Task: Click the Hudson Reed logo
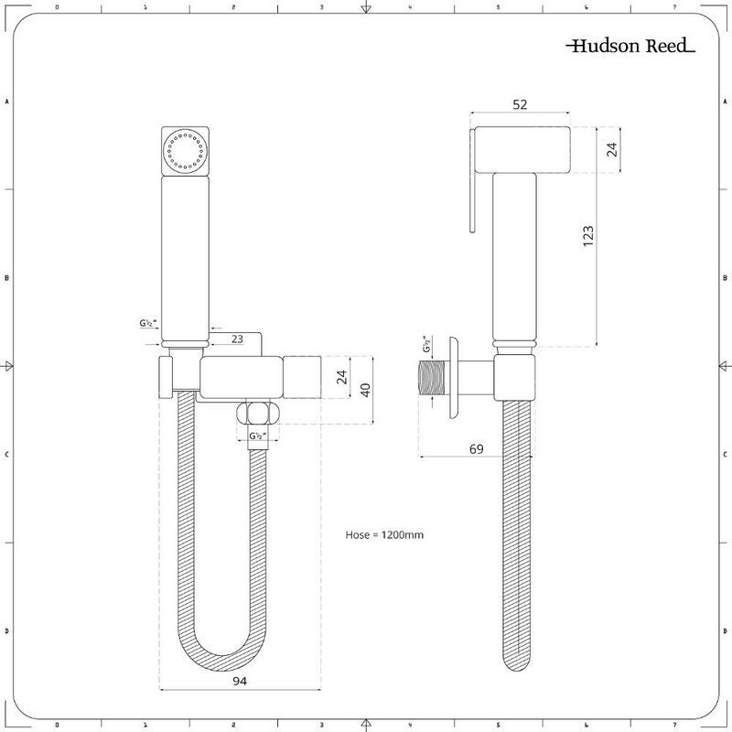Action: point(630,46)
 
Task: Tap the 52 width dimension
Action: point(520,104)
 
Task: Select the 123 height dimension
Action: point(588,236)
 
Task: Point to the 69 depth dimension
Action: point(476,449)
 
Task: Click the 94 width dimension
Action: point(240,681)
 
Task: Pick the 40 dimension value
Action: point(365,390)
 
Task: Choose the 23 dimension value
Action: point(237,339)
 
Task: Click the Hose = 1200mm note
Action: point(384,534)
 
